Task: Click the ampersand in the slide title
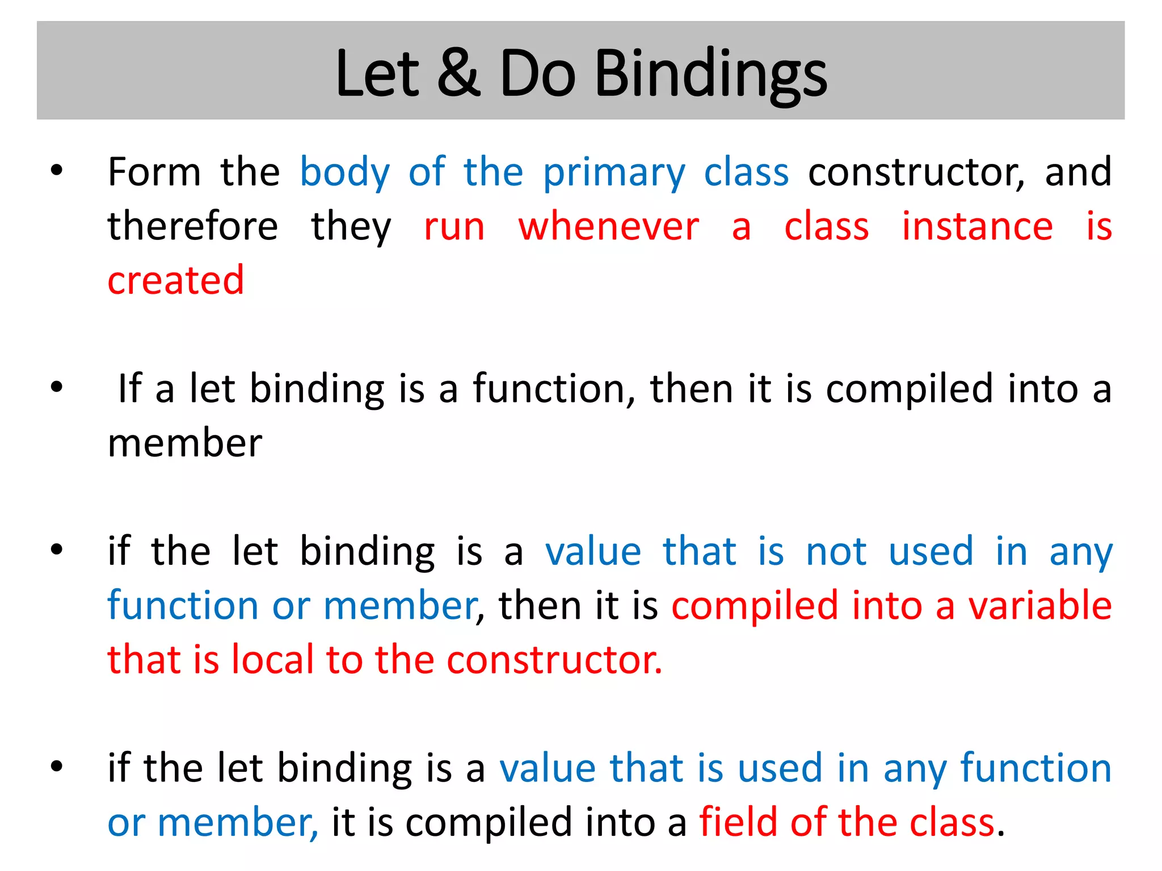pyautogui.click(x=458, y=74)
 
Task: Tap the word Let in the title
pyautogui.click(x=377, y=74)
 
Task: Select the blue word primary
pyautogui.click(x=614, y=173)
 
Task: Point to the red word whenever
pyautogui.click(x=608, y=226)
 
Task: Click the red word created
pyautogui.click(x=176, y=280)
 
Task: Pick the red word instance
pyautogui.click(x=977, y=226)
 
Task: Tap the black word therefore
pyautogui.click(x=193, y=226)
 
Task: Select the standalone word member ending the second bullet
pyautogui.click(x=185, y=443)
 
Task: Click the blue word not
pyautogui.click(x=836, y=551)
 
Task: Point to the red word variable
pyautogui.click(x=1039, y=606)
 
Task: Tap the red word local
pyautogui.click(x=272, y=659)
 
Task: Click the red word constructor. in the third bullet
pyautogui.click(x=554, y=659)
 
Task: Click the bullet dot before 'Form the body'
pyautogui.click(x=57, y=170)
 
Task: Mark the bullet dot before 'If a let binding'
pyautogui.click(x=57, y=388)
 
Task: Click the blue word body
pyautogui.click(x=344, y=173)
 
